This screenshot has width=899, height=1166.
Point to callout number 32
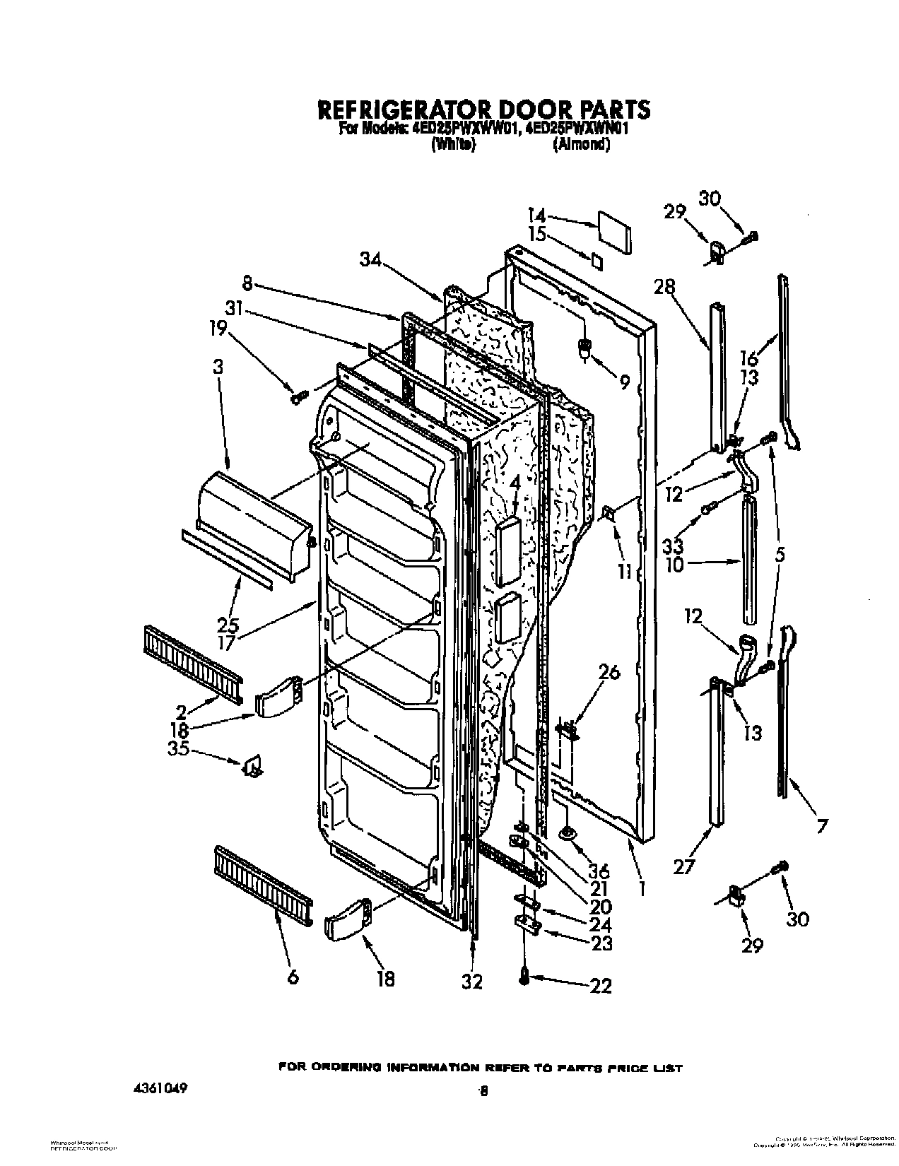(471, 981)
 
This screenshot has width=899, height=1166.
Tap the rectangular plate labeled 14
(613, 230)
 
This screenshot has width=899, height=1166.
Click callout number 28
(664, 287)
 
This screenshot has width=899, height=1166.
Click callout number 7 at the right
(821, 825)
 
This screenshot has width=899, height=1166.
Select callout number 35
(177, 750)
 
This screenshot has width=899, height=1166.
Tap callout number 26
(609, 672)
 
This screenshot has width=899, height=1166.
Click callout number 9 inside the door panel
(624, 382)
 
